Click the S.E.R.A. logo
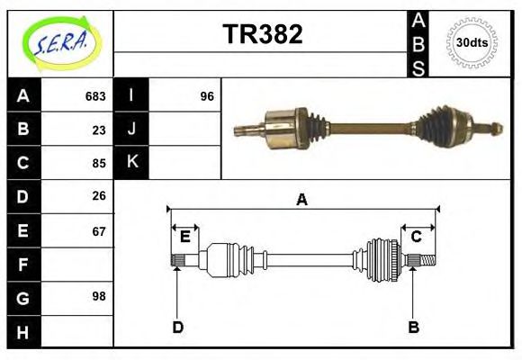click(x=60, y=42)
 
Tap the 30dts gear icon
click(x=472, y=42)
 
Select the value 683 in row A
click(x=95, y=96)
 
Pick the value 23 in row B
click(x=99, y=130)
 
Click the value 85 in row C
click(x=99, y=163)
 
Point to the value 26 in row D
click(x=99, y=195)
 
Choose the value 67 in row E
click(x=99, y=229)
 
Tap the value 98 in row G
click(x=99, y=296)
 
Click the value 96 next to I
click(x=207, y=96)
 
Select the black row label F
click(x=23, y=264)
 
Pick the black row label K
click(x=131, y=163)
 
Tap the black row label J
click(x=131, y=130)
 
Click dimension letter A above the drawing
click(x=301, y=200)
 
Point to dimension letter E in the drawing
click(x=184, y=237)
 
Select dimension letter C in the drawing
click(x=417, y=237)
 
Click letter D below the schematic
click(x=177, y=327)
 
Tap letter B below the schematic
click(x=413, y=327)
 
